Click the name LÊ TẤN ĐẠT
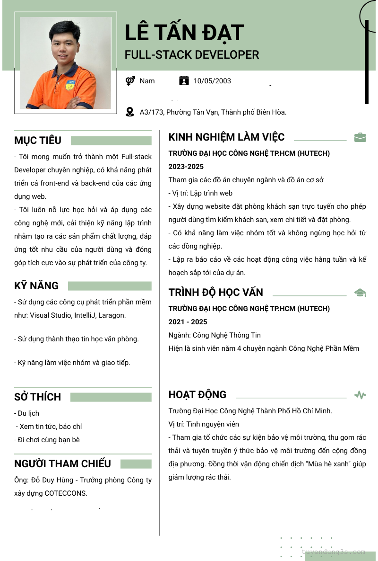[184, 33]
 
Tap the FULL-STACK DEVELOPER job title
[192, 55]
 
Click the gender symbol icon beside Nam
[130, 81]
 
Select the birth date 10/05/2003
[212, 81]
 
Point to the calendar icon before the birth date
[184, 81]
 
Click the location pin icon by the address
[130, 112]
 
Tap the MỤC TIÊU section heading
[38, 140]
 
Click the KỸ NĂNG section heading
[36, 285]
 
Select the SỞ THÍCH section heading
[37, 397]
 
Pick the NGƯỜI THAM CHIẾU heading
[62, 463]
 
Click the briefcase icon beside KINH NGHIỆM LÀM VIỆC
[360, 137]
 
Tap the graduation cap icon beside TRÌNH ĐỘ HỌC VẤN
[360, 293]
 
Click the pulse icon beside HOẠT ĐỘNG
[360, 395]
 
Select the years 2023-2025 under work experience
[186, 167]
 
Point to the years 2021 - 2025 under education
[188, 322]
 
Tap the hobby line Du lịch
[28, 413]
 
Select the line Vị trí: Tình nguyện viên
[204, 424]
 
